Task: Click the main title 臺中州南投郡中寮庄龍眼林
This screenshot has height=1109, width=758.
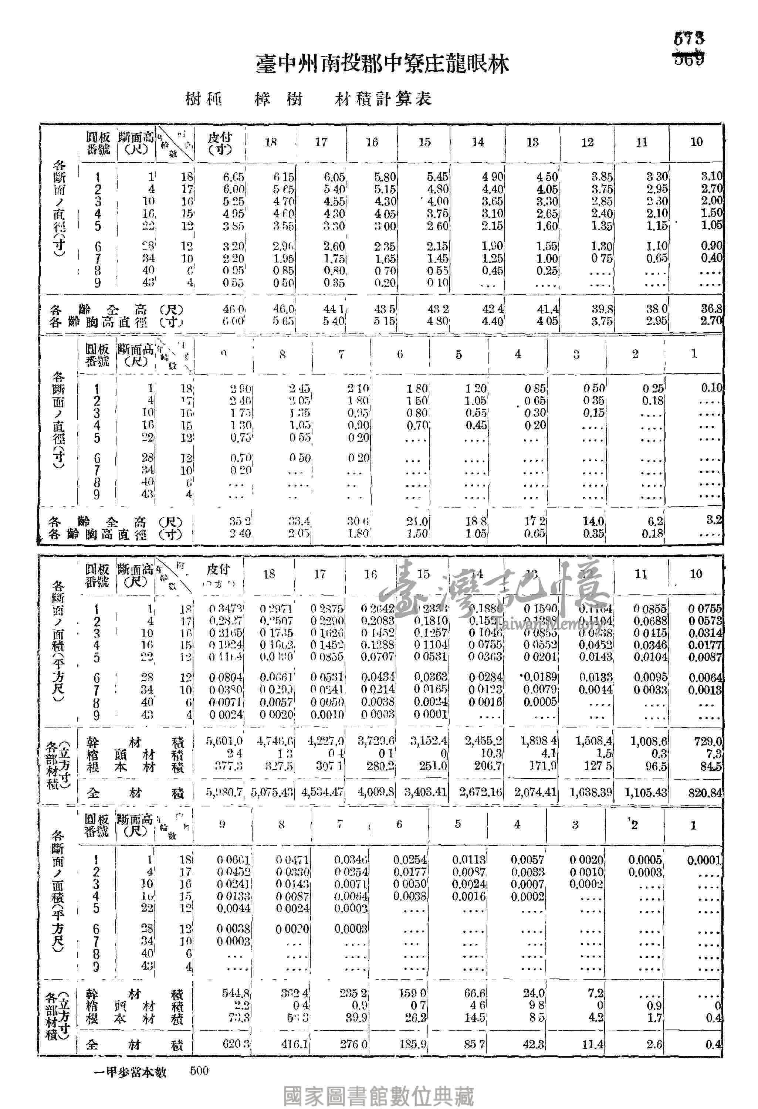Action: (382, 64)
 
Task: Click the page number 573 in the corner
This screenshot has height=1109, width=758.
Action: (689, 38)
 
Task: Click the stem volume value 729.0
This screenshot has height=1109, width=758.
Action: (709, 741)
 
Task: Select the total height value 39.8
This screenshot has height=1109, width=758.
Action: (602, 309)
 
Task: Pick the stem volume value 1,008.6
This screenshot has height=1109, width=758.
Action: (649, 741)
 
